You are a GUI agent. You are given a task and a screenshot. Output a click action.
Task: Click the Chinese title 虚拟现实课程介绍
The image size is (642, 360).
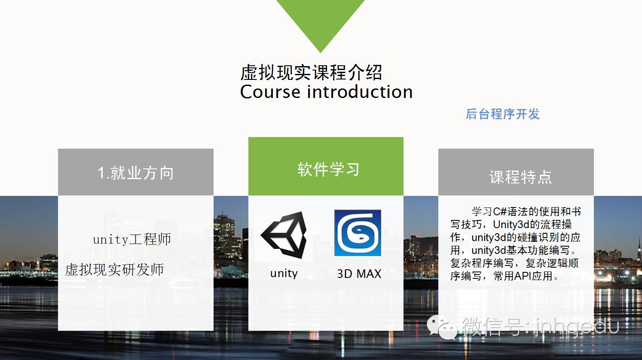(x=311, y=73)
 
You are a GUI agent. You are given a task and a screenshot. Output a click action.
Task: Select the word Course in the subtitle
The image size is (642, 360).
(x=270, y=92)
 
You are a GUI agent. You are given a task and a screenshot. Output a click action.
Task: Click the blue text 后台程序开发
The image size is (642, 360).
(x=502, y=114)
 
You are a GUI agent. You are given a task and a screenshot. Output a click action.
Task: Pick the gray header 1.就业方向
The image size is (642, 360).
(x=135, y=173)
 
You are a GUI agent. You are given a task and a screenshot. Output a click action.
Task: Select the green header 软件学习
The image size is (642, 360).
(x=328, y=169)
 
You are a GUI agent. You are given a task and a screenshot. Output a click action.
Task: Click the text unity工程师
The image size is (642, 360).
(x=132, y=239)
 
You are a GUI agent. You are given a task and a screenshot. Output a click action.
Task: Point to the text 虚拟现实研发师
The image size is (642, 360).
(x=114, y=270)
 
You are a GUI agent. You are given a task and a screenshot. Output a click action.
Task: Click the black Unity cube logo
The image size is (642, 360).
(x=284, y=235)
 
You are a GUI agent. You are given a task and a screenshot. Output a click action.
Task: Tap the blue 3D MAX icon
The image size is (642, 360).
(x=358, y=233)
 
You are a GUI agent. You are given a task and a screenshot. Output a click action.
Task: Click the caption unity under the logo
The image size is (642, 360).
(x=284, y=273)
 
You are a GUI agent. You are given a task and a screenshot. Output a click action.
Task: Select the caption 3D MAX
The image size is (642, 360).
(x=359, y=274)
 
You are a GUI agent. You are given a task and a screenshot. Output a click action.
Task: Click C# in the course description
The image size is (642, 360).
(x=500, y=211)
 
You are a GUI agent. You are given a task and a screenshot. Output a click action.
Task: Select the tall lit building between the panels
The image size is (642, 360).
(x=224, y=232)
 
